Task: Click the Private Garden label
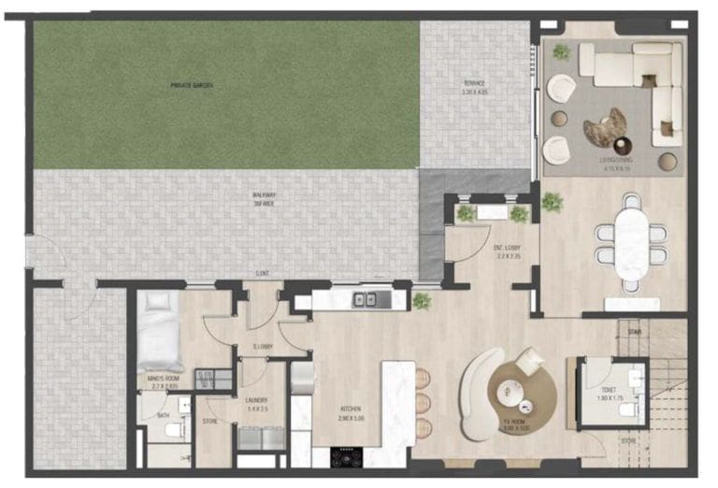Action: pyautogui.click(x=192, y=85)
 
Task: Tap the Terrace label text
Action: pyautogui.click(x=475, y=84)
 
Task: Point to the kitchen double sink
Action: pyautogui.click(x=365, y=299)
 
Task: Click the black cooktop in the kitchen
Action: pyautogui.click(x=348, y=457)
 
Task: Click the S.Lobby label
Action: pyautogui.click(x=263, y=349)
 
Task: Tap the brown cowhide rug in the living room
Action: pyautogui.click(x=605, y=128)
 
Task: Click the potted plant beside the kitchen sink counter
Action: pyautogui.click(x=422, y=301)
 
